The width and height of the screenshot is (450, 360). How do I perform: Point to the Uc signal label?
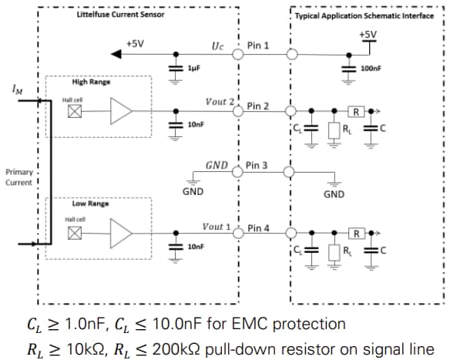217,45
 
